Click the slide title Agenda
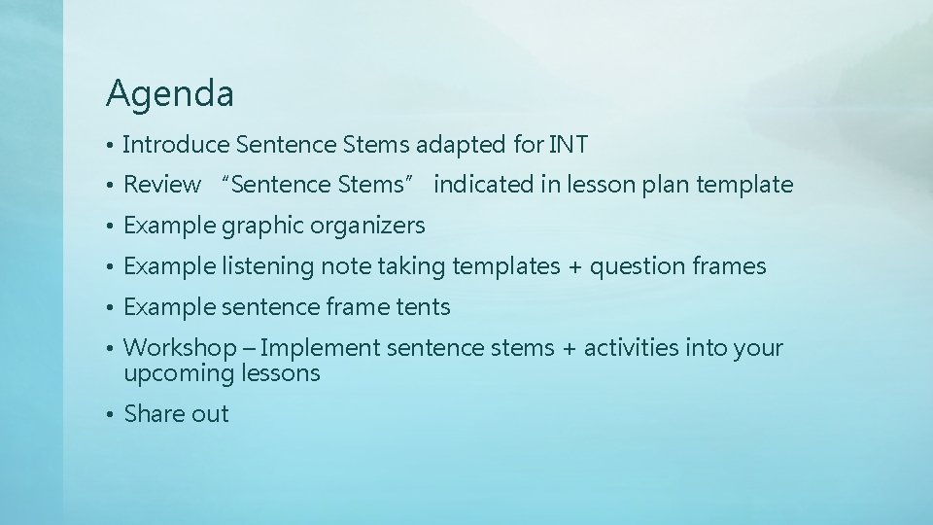click(170, 94)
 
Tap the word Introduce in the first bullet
click(174, 145)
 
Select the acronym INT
click(568, 145)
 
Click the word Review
click(162, 185)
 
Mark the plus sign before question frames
click(576, 267)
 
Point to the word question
click(636, 267)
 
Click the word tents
click(423, 307)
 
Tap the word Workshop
click(178, 348)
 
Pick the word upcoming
click(180, 373)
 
